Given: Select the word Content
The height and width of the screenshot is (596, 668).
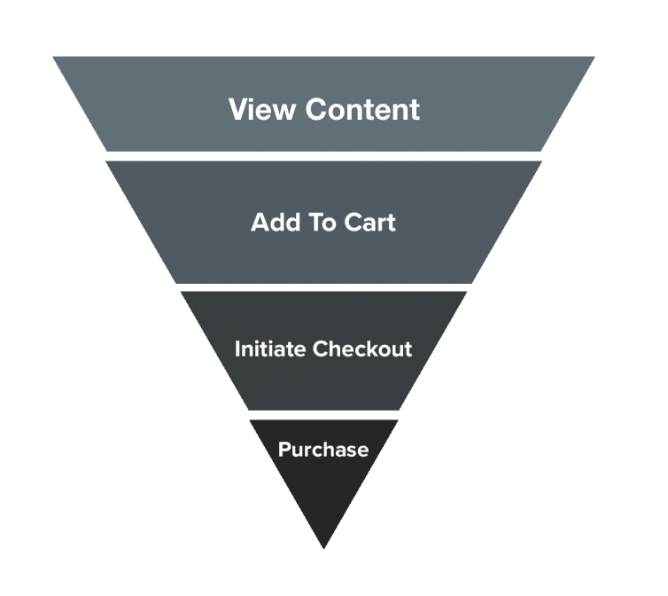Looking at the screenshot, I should tap(362, 110).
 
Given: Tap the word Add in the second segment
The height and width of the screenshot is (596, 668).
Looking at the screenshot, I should tap(273, 222).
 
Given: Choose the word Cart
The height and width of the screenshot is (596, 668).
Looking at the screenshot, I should tap(370, 222).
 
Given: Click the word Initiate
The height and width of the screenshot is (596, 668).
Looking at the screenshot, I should tap(270, 349).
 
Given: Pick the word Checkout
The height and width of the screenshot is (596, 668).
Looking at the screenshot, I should tap(363, 349).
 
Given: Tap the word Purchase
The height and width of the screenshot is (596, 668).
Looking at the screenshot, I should tap(323, 450).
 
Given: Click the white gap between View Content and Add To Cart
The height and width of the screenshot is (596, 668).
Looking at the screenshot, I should tap(323, 156).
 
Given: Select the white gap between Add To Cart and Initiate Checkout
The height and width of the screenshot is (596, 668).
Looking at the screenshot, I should tap(323, 287).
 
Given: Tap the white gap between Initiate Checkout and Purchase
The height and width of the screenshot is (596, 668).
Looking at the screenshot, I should tap(323, 415).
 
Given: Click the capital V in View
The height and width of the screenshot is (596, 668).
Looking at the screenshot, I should tap(238, 110).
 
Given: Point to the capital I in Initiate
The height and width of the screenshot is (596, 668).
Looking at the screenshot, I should tap(237, 349).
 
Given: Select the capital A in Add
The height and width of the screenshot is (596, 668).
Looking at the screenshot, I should tap(260, 222).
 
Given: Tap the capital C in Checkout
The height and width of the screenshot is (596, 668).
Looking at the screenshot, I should tap(320, 349).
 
